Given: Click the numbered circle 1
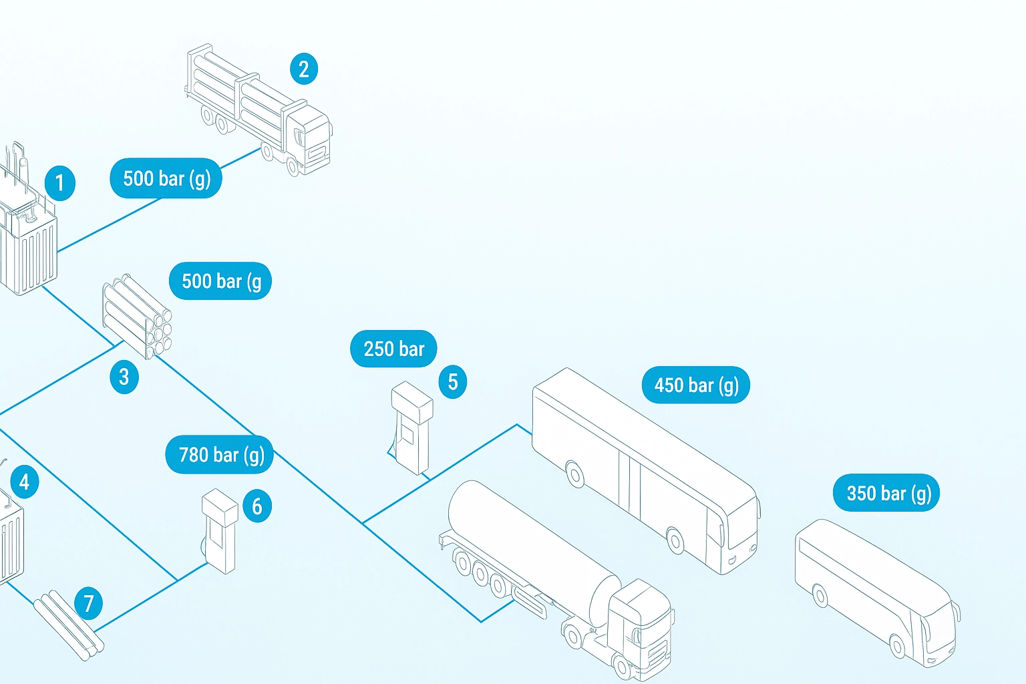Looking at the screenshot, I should [x=59, y=183].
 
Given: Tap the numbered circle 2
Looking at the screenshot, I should [x=304, y=69].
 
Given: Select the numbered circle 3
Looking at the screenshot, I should [x=124, y=377].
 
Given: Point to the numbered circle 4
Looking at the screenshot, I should [x=25, y=482].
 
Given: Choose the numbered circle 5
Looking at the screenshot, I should [x=453, y=382].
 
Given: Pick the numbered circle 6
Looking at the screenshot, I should [x=257, y=506].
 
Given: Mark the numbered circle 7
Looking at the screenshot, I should [x=88, y=604].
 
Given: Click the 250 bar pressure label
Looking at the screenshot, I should [x=393, y=349].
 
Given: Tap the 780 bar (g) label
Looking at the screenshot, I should [x=220, y=455].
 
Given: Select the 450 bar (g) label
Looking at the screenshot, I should [x=695, y=385].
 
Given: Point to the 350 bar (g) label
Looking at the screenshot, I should [x=886, y=494].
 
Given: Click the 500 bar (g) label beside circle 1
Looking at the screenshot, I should [x=166, y=178].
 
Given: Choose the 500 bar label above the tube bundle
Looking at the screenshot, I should [x=220, y=281].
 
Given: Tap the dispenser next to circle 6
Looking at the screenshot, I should [x=220, y=531].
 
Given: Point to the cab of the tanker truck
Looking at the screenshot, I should [x=640, y=621].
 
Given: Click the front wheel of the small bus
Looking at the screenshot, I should [x=898, y=646].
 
